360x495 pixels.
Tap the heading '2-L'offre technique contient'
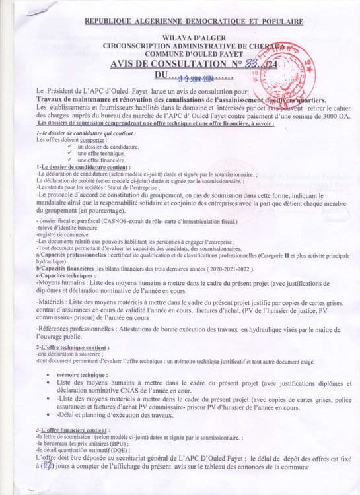(73, 348)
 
